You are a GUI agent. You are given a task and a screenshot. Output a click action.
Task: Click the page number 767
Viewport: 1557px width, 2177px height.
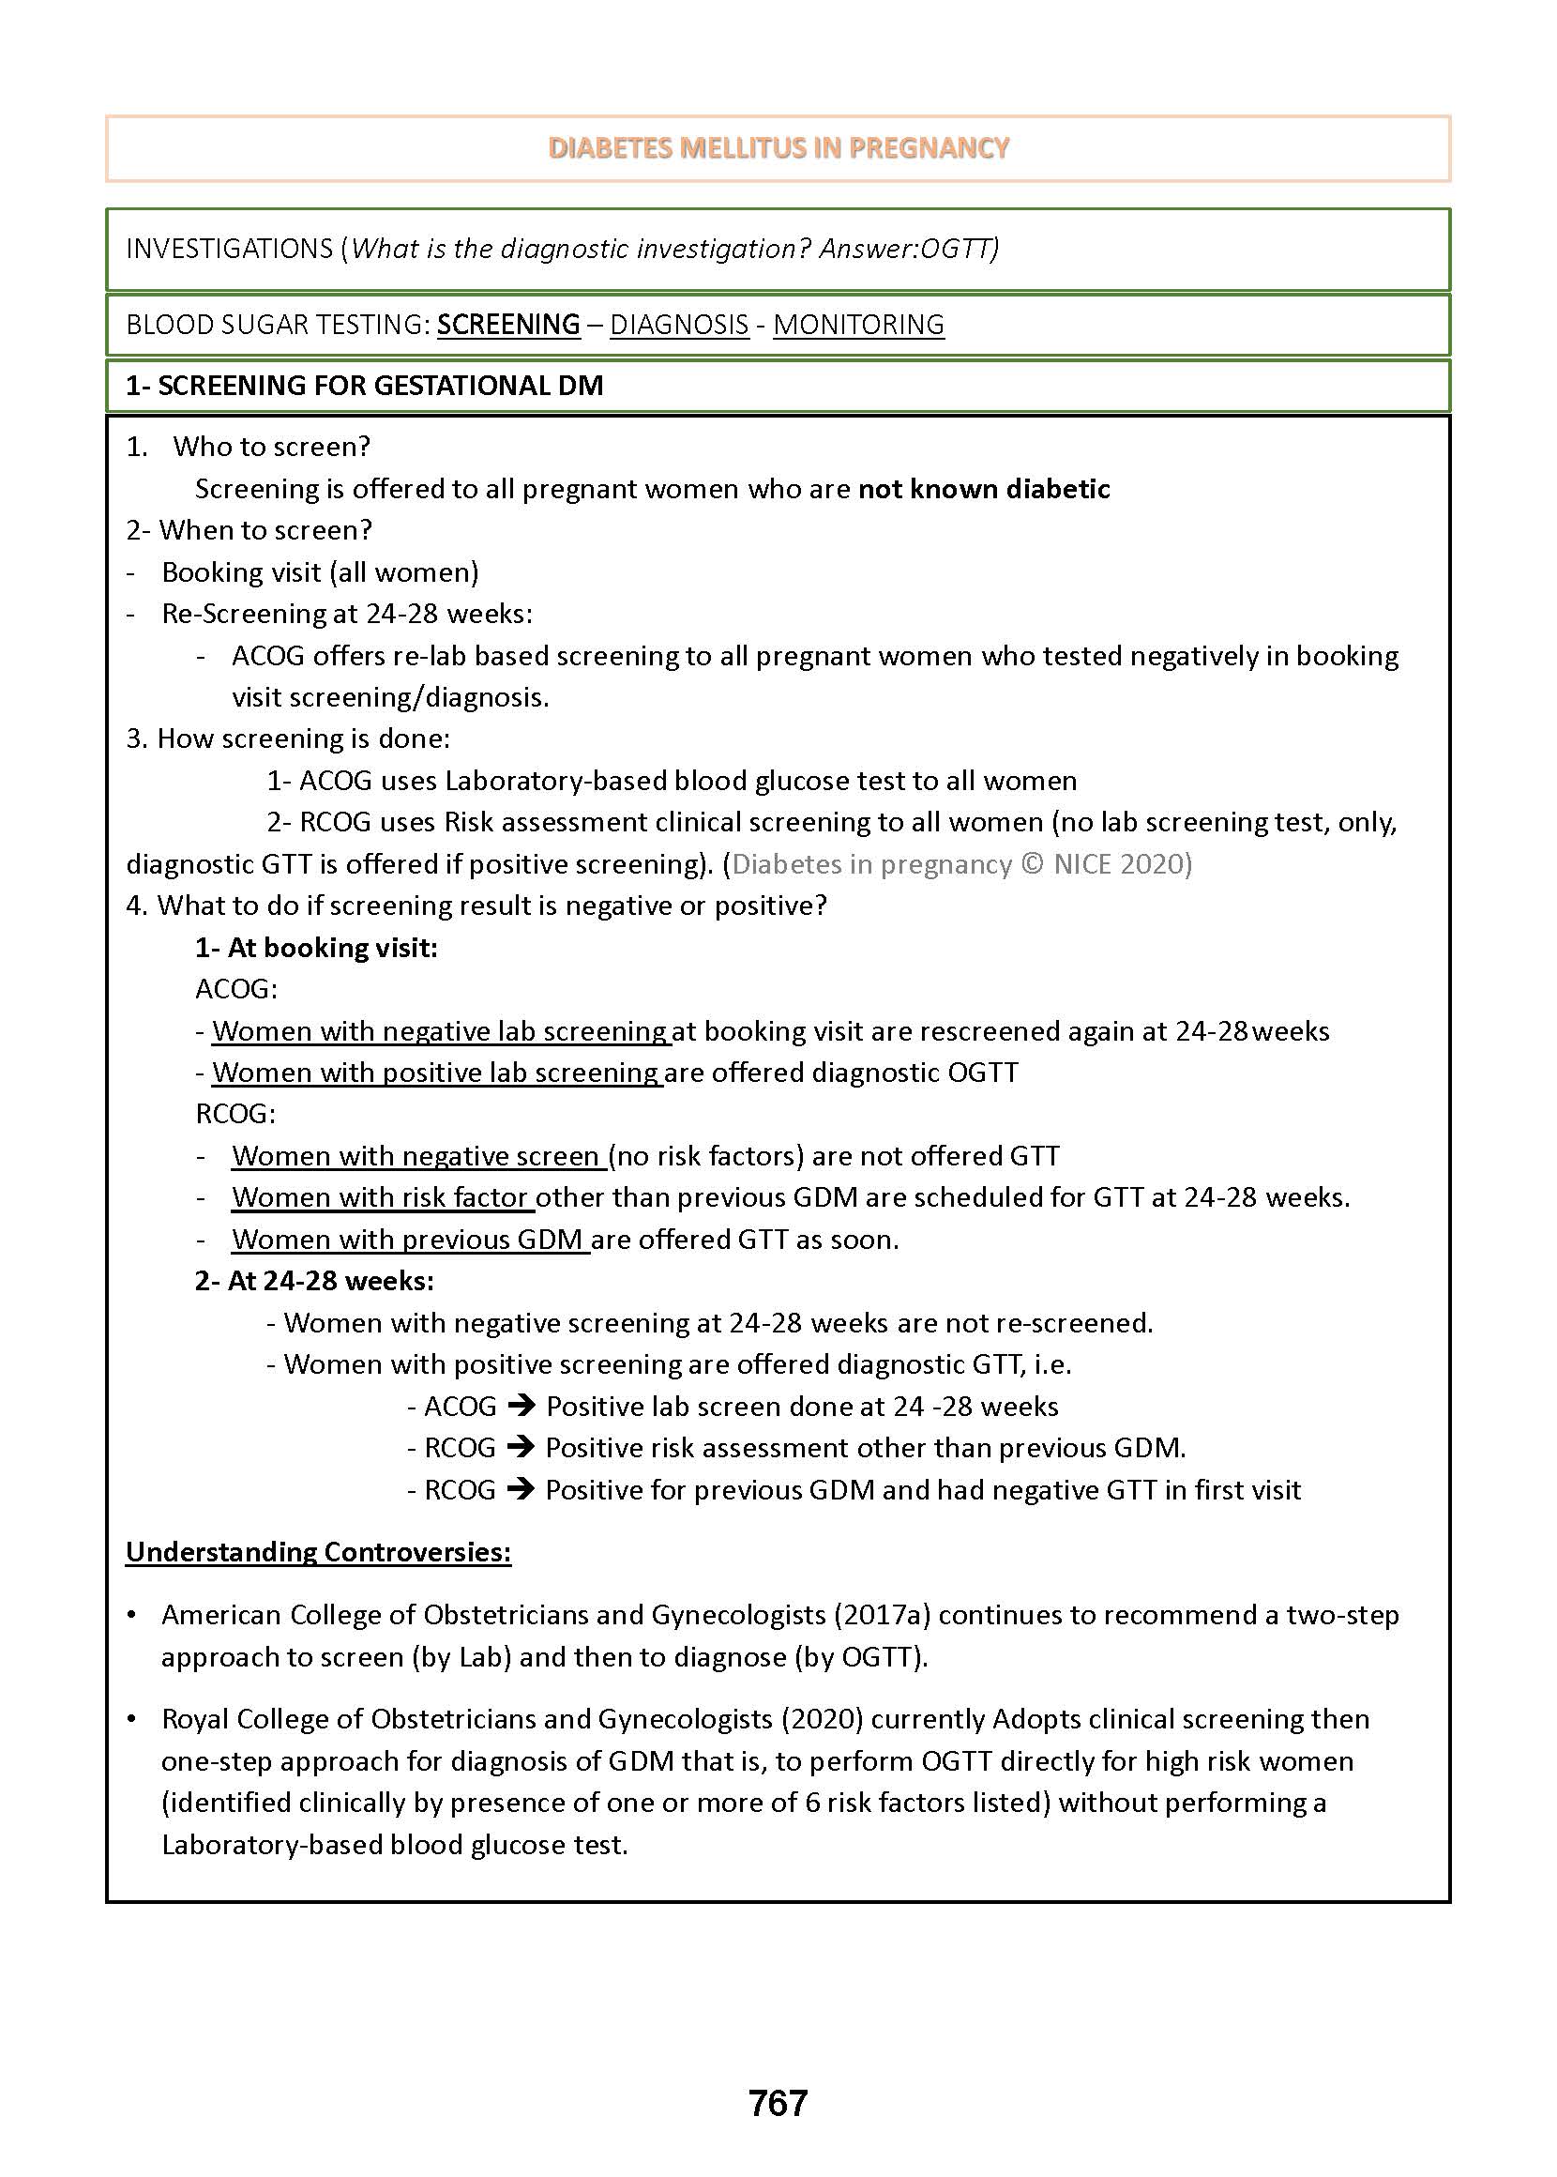pos(778,2102)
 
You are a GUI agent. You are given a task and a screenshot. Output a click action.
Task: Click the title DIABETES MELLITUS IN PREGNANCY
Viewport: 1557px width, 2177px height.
pos(778,147)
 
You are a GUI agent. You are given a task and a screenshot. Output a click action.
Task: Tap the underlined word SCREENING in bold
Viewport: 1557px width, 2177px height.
pos(508,324)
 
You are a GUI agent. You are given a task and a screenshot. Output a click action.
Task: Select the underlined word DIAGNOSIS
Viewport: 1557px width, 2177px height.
pos(679,324)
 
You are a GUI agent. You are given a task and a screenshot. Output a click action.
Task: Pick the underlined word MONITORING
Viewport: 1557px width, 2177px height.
pos(858,324)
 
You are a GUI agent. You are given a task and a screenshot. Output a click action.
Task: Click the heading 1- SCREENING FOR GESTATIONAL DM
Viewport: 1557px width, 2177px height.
pos(364,386)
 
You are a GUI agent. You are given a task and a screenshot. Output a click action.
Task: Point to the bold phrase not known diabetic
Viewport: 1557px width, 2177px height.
pos(984,489)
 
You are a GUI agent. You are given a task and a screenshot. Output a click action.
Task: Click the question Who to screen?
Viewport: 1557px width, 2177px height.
pos(271,447)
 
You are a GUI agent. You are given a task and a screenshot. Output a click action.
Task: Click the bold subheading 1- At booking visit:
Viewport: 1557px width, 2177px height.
pos(316,948)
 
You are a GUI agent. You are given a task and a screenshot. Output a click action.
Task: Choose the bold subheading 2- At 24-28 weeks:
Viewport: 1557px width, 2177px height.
pos(314,1281)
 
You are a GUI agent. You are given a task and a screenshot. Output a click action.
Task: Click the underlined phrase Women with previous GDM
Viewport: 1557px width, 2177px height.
pos(409,1239)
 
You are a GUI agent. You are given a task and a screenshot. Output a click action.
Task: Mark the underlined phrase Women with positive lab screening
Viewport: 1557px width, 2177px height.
pos(436,1073)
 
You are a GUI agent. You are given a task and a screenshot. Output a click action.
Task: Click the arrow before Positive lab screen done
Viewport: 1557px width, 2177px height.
pos(521,1407)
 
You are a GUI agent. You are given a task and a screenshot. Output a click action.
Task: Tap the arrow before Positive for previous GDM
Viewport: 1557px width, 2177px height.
pos(521,1489)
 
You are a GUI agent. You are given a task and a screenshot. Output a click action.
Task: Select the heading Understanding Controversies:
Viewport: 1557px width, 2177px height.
pos(318,1552)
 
